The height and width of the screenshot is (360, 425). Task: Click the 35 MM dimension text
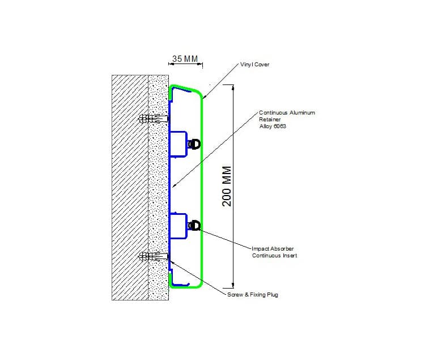[x=185, y=58]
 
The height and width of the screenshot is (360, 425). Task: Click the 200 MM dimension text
[x=227, y=186]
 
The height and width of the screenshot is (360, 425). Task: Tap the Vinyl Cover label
[x=255, y=65]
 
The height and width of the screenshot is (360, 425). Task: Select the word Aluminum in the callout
[x=302, y=112]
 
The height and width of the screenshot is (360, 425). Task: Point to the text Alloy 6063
[x=273, y=126]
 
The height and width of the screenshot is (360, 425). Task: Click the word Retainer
[x=270, y=119]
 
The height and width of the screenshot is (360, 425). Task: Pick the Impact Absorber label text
[x=273, y=248]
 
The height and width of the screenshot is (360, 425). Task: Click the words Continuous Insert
[x=275, y=255]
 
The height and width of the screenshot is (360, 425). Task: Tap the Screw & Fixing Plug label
[x=253, y=295]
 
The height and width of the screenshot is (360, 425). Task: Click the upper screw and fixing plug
[x=154, y=118]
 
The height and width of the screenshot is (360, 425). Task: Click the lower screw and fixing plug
[x=154, y=256]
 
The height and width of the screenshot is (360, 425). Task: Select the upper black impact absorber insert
[x=194, y=144]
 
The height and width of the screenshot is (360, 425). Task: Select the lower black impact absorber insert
[x=194, y=226]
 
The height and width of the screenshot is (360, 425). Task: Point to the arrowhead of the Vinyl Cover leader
[x=204, y=97]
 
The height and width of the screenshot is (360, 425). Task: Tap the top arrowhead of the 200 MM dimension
[x=232, y=87]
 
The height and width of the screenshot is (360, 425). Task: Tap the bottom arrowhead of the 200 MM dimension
[x=232, y=286]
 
